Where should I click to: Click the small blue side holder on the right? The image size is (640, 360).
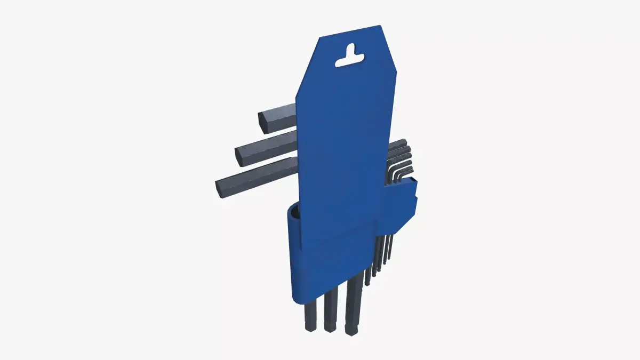click(400, 205)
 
